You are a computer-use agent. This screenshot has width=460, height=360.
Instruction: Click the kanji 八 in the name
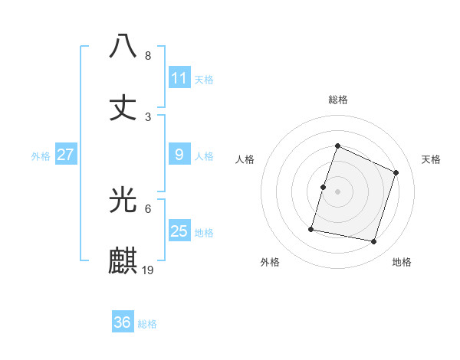pos(124,47)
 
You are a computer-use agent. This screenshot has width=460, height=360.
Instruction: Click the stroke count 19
pos(149,270)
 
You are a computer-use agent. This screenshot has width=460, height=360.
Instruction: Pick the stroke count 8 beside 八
pos(148,56)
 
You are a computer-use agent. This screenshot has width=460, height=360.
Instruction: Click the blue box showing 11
pos(179,77)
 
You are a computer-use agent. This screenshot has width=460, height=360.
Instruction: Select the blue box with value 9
pos(179,155)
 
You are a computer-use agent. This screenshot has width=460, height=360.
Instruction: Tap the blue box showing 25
pos(179,231)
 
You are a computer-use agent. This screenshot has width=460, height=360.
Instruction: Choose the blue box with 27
pos(66,155)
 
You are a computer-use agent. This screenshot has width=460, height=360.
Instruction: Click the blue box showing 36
pos(123,322)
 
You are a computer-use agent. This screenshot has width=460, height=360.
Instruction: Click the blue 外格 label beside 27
pos(41,155)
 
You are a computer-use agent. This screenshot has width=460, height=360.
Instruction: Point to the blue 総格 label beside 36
pos(147,324)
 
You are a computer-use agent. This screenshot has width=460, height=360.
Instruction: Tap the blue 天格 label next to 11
pos(204,79)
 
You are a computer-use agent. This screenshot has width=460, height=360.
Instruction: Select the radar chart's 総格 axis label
pos(337,100)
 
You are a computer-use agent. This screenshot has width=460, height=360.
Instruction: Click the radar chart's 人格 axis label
pos(245,159)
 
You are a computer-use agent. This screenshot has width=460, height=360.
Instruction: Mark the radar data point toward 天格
pos(396,172)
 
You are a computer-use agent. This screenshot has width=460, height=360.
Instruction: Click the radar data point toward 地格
pos(374,242)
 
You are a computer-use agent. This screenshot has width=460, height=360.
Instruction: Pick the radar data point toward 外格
pos(312,229)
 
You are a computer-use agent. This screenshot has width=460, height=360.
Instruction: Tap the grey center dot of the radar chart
pos(337,191)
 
